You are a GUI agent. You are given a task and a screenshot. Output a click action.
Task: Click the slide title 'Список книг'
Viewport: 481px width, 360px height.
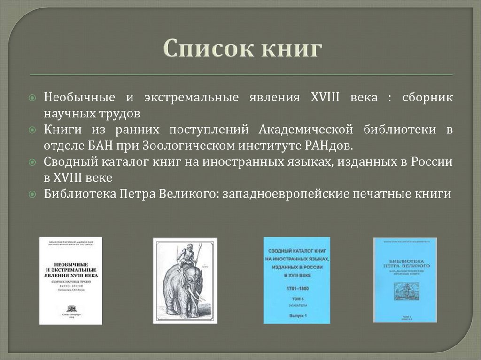pos(242,49)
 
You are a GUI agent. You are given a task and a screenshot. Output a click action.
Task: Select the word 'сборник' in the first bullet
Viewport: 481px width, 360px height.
pos(427,98)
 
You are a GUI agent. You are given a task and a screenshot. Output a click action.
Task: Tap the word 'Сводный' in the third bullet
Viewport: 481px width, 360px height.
pos(70,162)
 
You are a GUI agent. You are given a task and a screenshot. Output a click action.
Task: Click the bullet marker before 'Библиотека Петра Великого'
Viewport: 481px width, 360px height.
pos(31,194)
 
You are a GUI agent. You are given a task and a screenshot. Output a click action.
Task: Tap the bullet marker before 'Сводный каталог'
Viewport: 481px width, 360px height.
pos(31,162)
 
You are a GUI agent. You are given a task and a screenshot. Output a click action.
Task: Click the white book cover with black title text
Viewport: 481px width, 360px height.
pos(70,280)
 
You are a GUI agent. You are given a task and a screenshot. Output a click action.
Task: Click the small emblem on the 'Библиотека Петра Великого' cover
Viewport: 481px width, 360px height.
pos(405,291)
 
